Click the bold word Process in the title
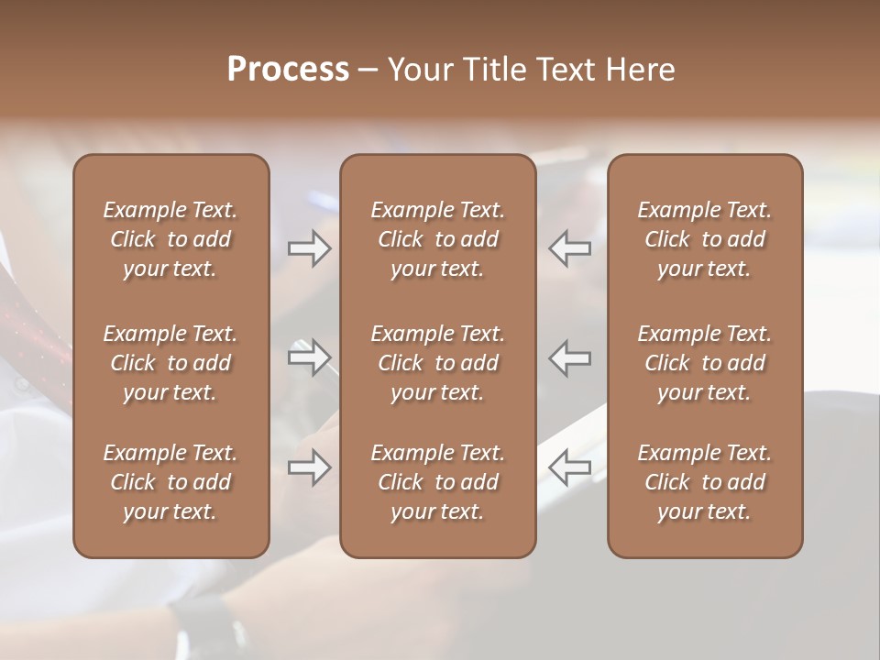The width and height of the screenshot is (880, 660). coord(288,70)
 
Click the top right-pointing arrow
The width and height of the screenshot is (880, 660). coord(309,248)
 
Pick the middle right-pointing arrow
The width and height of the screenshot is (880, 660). coord(309,357)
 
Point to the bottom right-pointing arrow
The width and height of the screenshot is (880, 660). coord(309,467)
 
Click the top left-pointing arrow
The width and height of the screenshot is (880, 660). coord(570,248)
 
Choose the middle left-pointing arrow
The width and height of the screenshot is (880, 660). coord(570,357)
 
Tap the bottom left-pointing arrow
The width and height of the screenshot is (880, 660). coord(570,467)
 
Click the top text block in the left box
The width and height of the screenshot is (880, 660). coord(170,239)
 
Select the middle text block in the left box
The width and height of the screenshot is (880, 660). coord(170,363)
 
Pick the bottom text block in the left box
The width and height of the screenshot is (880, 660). coord(170,482)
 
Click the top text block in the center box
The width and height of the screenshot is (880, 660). coord(437,239)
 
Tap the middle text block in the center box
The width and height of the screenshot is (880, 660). coord(437,363)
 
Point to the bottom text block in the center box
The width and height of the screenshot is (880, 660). coord(437,482)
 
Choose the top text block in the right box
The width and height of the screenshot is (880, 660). coord(704,239)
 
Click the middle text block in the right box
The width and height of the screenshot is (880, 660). coord(704,363)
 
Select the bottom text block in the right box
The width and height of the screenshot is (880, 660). coord(704,482)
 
